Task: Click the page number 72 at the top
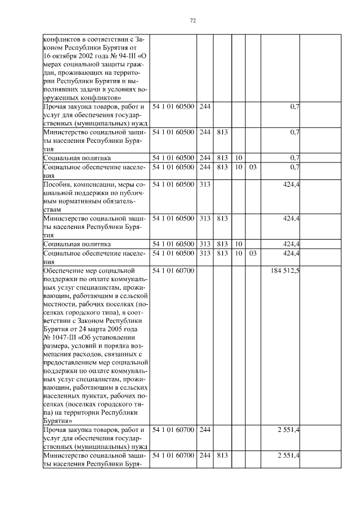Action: pyautogui.click(x=192, y=20)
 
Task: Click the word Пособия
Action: pyautogui.click(x=57, y=184)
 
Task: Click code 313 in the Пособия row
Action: pyautogui.click(x=204, y=184)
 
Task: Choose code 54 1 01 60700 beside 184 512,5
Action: pyautogui.click(x=173, y=271)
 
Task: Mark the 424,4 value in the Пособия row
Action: pyautogui.click(x=291, y=184)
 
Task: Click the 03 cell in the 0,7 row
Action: pyautogui.click(x=253, y=167)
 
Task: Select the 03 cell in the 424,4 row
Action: pyautogui.click(x=253, y=254)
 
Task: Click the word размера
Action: pyautogui.click(x=56, y=347)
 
